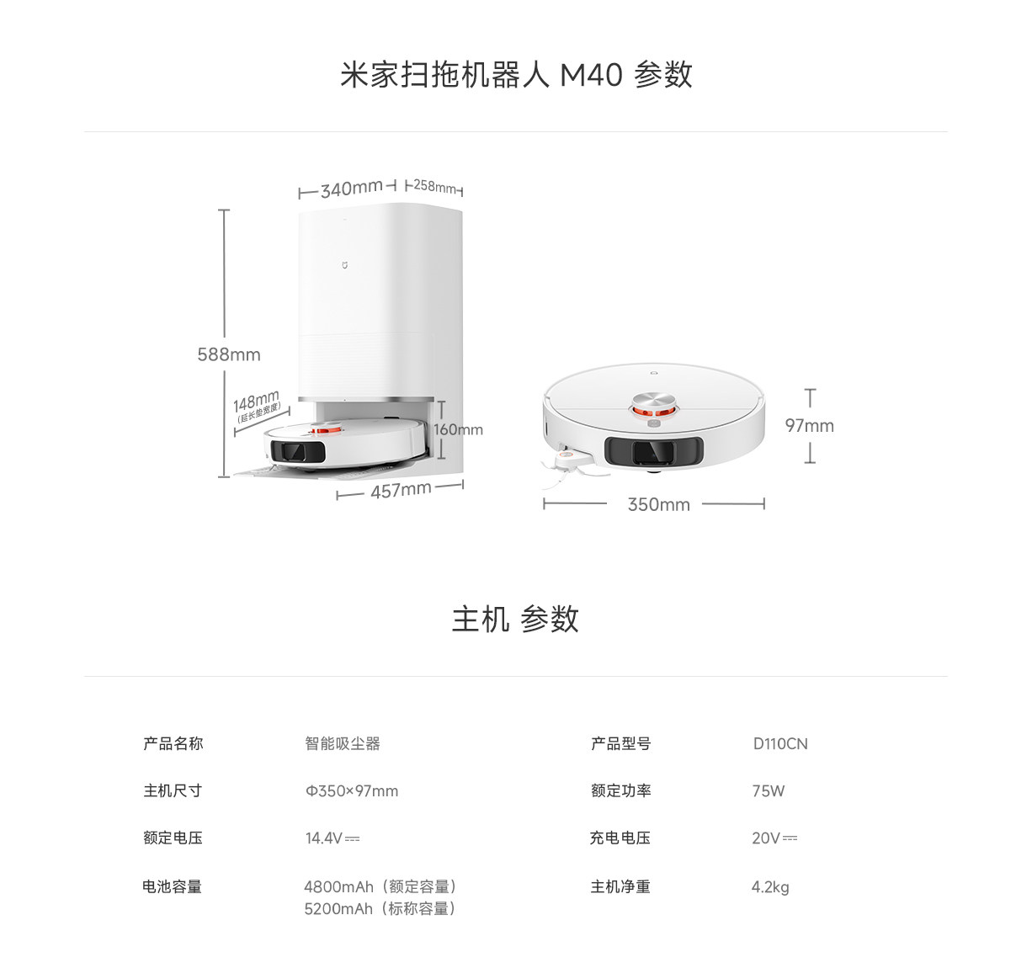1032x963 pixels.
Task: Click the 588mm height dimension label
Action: click(x=229, y=354)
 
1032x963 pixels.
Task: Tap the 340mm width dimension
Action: click(x=351, y=189)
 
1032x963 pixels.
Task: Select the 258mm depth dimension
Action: click(x=434, y=186)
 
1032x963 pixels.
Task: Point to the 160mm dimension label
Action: click(x=459, y=429)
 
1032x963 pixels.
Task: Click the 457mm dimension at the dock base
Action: click(x=401, y=490)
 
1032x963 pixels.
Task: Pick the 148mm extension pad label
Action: click(x=256, y=401)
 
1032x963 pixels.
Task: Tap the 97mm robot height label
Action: click(x=809, y=426)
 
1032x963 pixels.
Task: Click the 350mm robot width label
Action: click(x=658, y=504)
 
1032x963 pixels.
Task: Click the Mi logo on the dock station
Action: click(x=343, y=265)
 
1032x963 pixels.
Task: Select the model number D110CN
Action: click(x=780, y=743)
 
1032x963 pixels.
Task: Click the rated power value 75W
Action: click(x=769, y=790)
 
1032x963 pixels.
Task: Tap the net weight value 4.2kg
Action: click(x=770, y=886)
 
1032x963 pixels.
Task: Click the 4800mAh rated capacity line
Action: click(x=380, y=886)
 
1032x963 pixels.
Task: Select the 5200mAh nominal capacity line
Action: click(x=380, y=908)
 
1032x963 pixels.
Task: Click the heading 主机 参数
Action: click(x=515, y=619)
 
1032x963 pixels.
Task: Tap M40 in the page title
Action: click(x=591, y=75)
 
